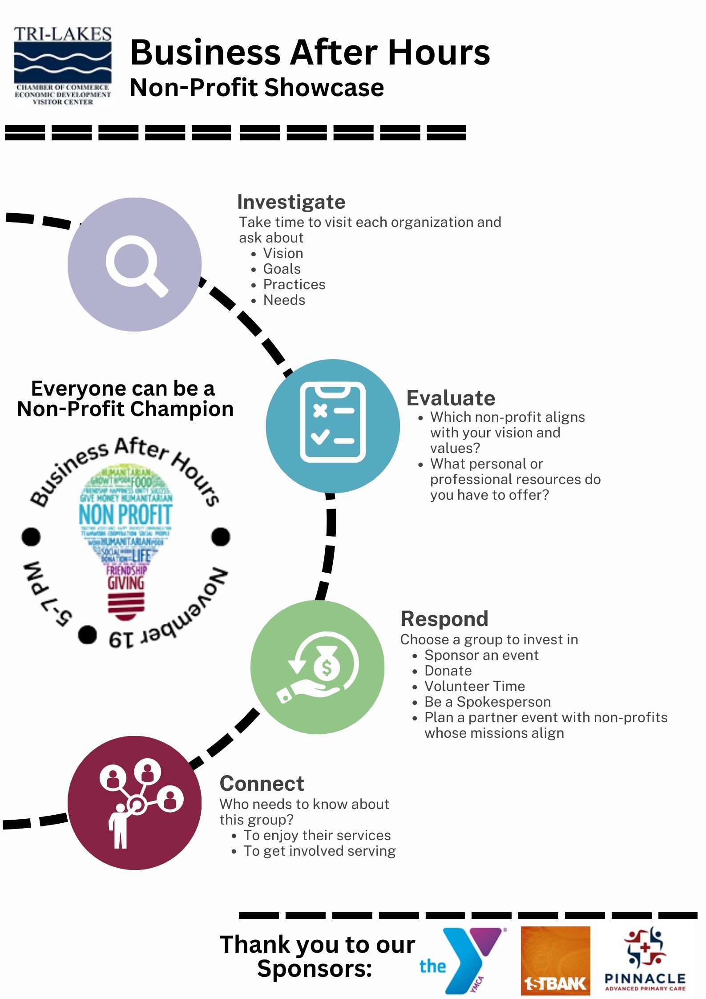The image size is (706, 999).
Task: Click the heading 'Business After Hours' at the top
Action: tap(310, 53)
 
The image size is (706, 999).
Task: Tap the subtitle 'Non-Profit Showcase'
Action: tap(257, 88)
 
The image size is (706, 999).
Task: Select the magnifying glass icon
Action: tap(135, 265)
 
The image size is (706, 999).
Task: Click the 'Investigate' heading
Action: tap(291, 202)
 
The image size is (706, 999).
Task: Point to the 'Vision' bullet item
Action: tap(283, 254)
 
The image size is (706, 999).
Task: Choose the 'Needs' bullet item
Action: tap(284, 300)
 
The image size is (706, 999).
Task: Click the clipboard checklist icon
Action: tap(332, 422)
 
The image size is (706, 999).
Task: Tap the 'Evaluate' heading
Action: tap(451, 398)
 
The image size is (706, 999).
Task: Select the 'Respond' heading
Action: tap(444, 619)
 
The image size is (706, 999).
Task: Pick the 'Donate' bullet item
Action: tap(448, 671)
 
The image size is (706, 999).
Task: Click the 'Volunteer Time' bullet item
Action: tap(475, 686)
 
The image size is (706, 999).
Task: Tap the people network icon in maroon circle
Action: tap(135, 803)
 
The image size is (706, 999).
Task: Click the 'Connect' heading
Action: tap(262, 784)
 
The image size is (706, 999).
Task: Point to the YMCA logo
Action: tap(463, 959)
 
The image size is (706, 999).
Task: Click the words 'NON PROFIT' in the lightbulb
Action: tap(125, 515)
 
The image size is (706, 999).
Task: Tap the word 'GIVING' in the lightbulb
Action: tap(126, 583)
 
